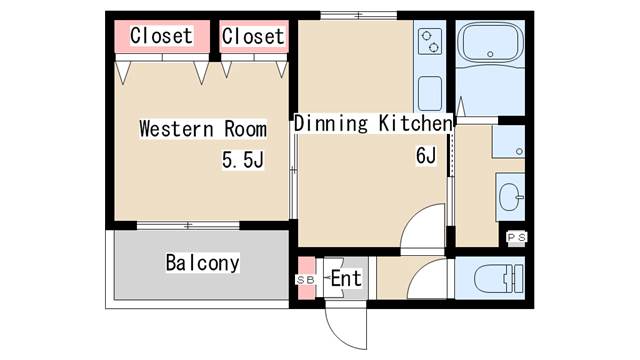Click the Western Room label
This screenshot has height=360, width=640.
203,129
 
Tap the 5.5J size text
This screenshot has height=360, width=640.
243,160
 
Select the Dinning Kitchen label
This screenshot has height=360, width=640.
373,123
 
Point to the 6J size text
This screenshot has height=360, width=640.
426,156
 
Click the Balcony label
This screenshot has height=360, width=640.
202,263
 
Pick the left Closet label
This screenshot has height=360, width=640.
161,36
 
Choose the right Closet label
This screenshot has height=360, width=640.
253,36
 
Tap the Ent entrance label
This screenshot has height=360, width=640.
346,278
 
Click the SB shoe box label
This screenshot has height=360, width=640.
305,280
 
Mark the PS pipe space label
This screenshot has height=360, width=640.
516,237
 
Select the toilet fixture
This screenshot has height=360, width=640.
499,278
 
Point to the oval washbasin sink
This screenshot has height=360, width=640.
511,197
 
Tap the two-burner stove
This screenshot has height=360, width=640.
430,41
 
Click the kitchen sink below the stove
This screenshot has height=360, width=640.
430,93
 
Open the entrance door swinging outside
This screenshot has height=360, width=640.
346,327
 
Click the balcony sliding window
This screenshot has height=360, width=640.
188,225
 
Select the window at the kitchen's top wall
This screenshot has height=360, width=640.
358,16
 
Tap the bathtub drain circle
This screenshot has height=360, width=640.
490,54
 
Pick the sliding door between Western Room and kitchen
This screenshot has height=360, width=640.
293,176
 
